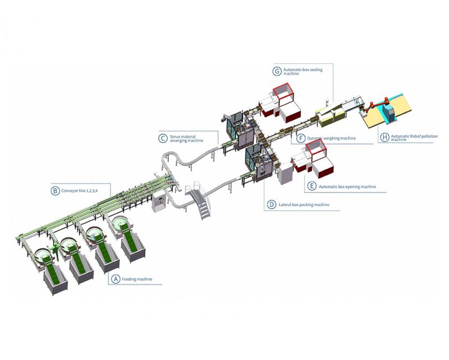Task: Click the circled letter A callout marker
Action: click(x=116, y=279)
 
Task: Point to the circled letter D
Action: click(x=271, y=204)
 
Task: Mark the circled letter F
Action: click(x=301, y=137)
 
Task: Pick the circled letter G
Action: click(x=277, y=71)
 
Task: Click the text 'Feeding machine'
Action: click(x=138, y=279)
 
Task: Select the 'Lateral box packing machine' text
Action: click(x=304, y=205)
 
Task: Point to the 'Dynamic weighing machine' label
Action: click(x=331, y=138)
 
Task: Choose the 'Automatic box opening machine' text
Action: click(x=347, y=186)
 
